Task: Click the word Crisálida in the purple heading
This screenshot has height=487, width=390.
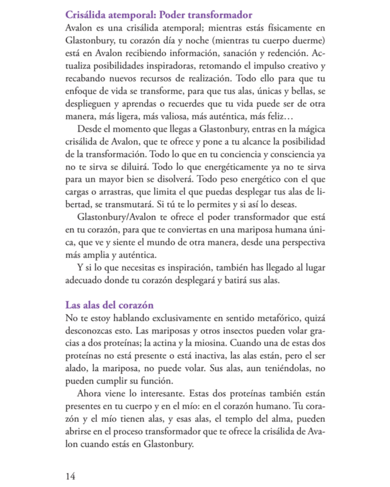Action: tap(85, 15)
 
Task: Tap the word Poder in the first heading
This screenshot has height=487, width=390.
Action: tap(172, 15)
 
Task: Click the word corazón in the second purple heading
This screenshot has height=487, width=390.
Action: tap(136, 305)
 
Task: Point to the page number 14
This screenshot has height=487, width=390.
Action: tap(70, 477)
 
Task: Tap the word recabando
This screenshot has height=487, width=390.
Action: tap(85, 79)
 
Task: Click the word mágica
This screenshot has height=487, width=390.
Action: tap(311, 129)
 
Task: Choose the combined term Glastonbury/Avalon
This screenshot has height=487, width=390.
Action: tap(117, 217)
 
